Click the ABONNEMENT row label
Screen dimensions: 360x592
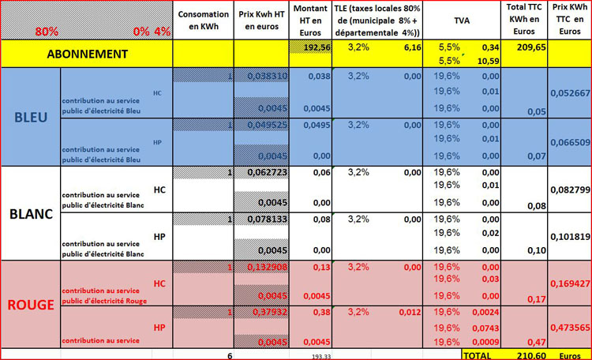pyautogui.click(x=86, y=54)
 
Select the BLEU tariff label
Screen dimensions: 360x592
pyautogui.click(x=31, y=118)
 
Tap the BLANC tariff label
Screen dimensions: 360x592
pyautogui.click(x=31, y=213)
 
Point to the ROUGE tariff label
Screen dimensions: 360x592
pyautogui.click(x=31, y=304)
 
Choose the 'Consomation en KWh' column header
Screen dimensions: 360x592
pyautogui.click(x=203, y=21)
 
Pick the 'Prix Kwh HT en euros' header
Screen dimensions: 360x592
pyautogui.click(x=263, y=21)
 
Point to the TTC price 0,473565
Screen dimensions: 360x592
pyautogui.click(x=569, y=327)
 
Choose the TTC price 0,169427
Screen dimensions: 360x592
pyautogui.click(x=569, y=281)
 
